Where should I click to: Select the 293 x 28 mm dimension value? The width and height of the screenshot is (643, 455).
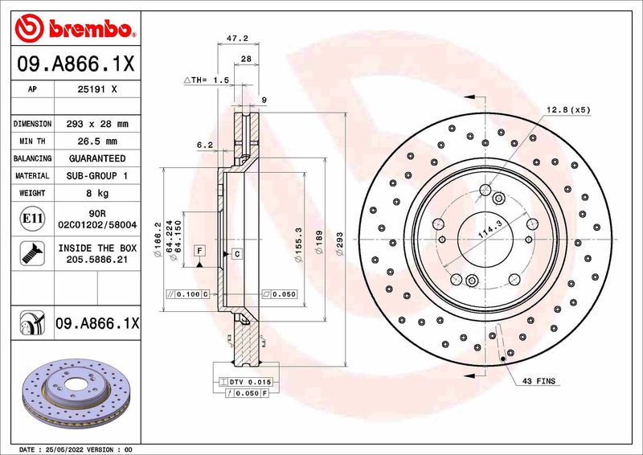tap(96, 125)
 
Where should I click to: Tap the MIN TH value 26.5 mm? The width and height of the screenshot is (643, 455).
tap(96, 141)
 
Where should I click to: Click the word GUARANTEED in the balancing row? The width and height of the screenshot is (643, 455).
tap(96, 158)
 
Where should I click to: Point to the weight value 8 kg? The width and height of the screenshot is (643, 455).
tap(96, 193)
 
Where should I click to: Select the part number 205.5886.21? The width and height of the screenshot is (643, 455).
tap(96, 260)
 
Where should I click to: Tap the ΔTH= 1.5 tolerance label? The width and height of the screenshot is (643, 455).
tap(207, 80)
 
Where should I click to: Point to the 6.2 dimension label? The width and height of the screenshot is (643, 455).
tap(204, 146)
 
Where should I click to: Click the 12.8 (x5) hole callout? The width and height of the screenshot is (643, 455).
tap(568, 109)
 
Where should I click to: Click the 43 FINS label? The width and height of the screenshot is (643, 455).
tap(539, 380)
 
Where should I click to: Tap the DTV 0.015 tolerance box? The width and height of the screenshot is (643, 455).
tap(250, 381)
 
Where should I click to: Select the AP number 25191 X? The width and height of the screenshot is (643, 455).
tap(96, 91)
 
